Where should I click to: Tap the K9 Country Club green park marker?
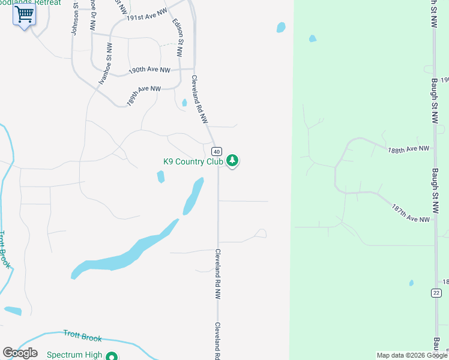[232, 161]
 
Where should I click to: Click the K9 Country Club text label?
[193, 161]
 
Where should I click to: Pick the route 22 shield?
[436, 292]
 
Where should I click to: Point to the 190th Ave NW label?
[149, 70]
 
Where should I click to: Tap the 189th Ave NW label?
[144, 95]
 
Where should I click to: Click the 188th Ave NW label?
[409, 149]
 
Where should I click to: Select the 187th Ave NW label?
[411, 212]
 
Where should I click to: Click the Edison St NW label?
[177, 37]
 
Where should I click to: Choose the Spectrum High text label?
[76, 355]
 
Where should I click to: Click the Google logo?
[20, 353]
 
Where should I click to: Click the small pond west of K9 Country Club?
[160, 176]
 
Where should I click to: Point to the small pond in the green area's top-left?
[312, 39]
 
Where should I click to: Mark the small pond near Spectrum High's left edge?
[13, 311]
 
